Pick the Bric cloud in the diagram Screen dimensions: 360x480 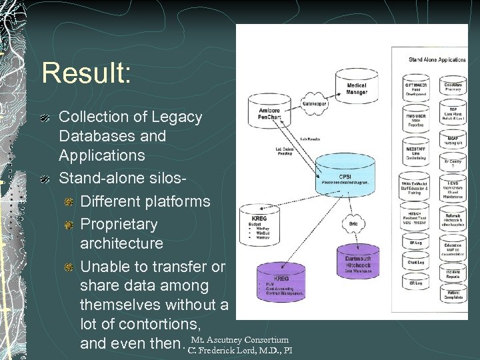354,224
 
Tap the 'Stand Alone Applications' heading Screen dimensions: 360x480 437,60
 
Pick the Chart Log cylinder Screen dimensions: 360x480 415,263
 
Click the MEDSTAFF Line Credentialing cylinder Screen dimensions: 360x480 415,153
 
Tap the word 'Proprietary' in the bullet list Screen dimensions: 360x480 119,224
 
